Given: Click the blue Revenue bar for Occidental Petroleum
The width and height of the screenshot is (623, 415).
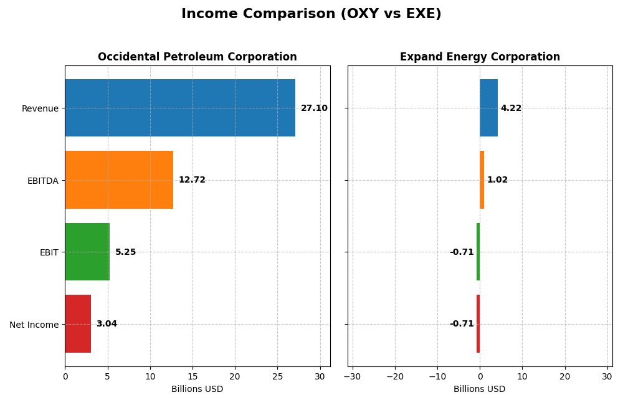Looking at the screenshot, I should (179, 108).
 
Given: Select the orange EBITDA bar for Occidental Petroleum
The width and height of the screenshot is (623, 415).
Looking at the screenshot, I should (119, 180).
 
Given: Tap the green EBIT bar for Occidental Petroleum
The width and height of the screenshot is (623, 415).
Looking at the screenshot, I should (87, 252).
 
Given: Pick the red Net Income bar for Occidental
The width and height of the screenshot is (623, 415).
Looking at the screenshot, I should (78, 324).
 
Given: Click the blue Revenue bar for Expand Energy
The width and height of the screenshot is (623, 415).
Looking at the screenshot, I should (488, 108).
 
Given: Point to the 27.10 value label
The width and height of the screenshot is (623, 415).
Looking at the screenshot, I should (314, 108).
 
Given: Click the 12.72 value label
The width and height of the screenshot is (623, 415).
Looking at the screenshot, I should (192, 180).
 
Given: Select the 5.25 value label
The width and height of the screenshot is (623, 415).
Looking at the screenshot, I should (125, 252).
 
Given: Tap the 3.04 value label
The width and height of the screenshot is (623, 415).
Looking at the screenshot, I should (107, 324).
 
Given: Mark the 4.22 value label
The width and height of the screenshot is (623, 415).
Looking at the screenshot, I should (511, 108).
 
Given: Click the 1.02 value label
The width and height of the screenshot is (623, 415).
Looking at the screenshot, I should (497, 180).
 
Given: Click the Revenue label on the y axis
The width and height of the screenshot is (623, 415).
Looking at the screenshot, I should (40, 109).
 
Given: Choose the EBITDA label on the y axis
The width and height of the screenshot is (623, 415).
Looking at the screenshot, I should (43, 181).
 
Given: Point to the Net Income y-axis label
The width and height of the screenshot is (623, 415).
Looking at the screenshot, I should (34, 325).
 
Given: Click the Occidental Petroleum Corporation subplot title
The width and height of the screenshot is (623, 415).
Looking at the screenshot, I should (197, 57).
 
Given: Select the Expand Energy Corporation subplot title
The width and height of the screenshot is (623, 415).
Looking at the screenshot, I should (480, 57).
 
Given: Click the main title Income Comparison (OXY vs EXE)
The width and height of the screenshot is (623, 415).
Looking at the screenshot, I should (311, 14).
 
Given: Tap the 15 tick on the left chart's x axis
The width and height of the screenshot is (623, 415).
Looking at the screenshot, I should (193, 376).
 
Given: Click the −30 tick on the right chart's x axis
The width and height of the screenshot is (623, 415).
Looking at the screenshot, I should (352, 376).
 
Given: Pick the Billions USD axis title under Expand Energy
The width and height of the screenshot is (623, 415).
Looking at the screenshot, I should (480, 389).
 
